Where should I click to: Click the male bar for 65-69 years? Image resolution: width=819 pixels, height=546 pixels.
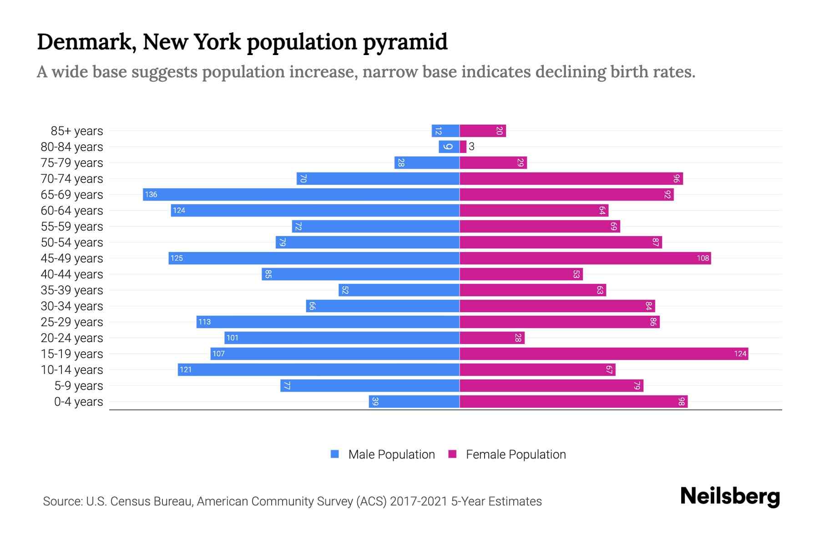(x=301, y=194)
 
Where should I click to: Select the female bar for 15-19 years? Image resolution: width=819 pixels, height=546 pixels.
(x=604, y=354)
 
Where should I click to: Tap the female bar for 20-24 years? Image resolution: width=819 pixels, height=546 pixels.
(x=492, y=338)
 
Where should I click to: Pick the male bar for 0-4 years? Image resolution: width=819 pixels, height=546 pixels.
(x=414, y=401)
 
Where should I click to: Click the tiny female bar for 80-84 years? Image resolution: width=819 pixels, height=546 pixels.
(x=463, y=147)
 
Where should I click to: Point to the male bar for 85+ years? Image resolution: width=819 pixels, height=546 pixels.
(x=445, y=131)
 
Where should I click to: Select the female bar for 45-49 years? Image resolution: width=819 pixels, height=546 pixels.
(x=585, y=258)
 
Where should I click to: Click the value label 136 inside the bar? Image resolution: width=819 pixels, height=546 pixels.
(x=151, y=195)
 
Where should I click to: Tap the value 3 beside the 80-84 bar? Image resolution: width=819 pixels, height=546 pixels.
(x=471, y=147)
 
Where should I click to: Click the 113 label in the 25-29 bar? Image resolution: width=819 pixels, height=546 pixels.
(x=204, y=322)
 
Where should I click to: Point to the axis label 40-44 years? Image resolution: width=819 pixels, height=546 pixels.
(x=72, y=274)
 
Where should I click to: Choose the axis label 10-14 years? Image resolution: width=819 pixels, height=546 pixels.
(x=72, y=370)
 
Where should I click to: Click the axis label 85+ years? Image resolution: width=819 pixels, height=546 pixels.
(x=77, y=131)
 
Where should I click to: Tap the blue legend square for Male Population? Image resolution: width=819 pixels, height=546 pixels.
(x=335, y=454)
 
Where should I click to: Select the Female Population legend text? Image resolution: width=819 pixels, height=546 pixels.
(x=516, y=454)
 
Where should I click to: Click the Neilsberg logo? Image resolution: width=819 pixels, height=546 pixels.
(x=730, y=496)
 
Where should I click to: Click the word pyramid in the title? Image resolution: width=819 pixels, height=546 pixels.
(x=405, y=42)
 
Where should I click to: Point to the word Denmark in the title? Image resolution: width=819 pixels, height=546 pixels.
(x=86, y=42)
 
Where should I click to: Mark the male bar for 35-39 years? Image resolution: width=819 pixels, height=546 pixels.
(x=399, y=290)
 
